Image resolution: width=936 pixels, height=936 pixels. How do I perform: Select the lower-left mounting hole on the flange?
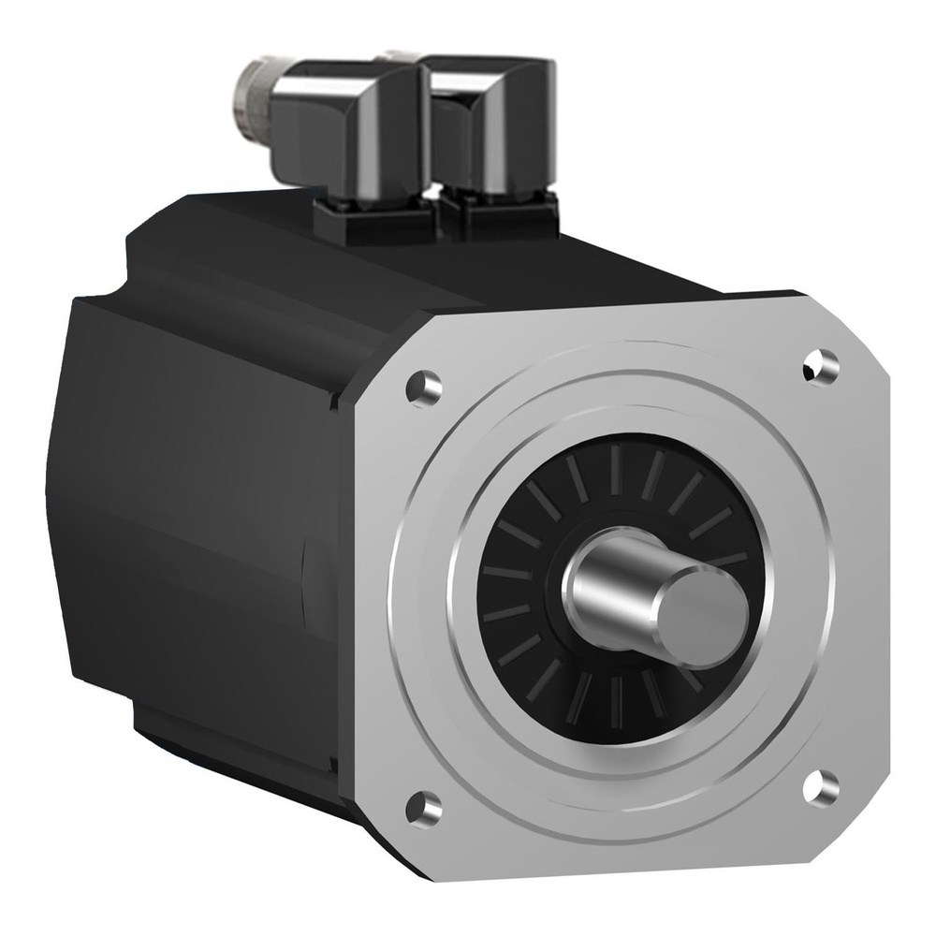[425, 802]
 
